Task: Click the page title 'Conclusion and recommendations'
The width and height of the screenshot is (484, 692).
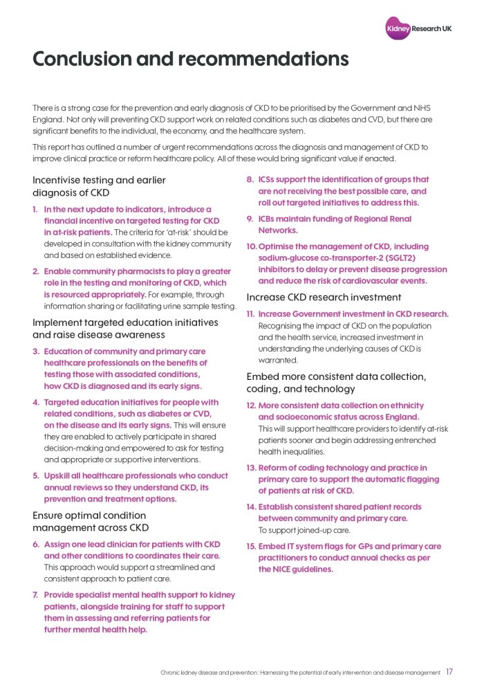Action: coord(190,59)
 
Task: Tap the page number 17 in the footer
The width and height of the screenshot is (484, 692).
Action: coord(449,672)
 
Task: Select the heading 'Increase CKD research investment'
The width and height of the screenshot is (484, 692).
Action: coord(324,298)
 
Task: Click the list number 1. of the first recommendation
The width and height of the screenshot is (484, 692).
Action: coord(36,209)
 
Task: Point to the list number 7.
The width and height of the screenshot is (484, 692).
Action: coord(36,595)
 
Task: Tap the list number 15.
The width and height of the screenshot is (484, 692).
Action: coord(252,547)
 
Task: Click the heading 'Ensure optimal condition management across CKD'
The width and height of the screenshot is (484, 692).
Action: coord(90,522)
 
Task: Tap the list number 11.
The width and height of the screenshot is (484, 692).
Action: coord(252,314)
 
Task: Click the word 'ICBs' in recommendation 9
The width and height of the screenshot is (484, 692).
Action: coord(268,219)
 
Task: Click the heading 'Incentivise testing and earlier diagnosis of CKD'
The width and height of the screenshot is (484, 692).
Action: coord(100,186)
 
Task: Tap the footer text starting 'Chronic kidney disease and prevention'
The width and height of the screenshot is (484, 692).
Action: coord(301,673)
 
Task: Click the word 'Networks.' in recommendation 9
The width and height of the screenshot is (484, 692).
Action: coord(278,230)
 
